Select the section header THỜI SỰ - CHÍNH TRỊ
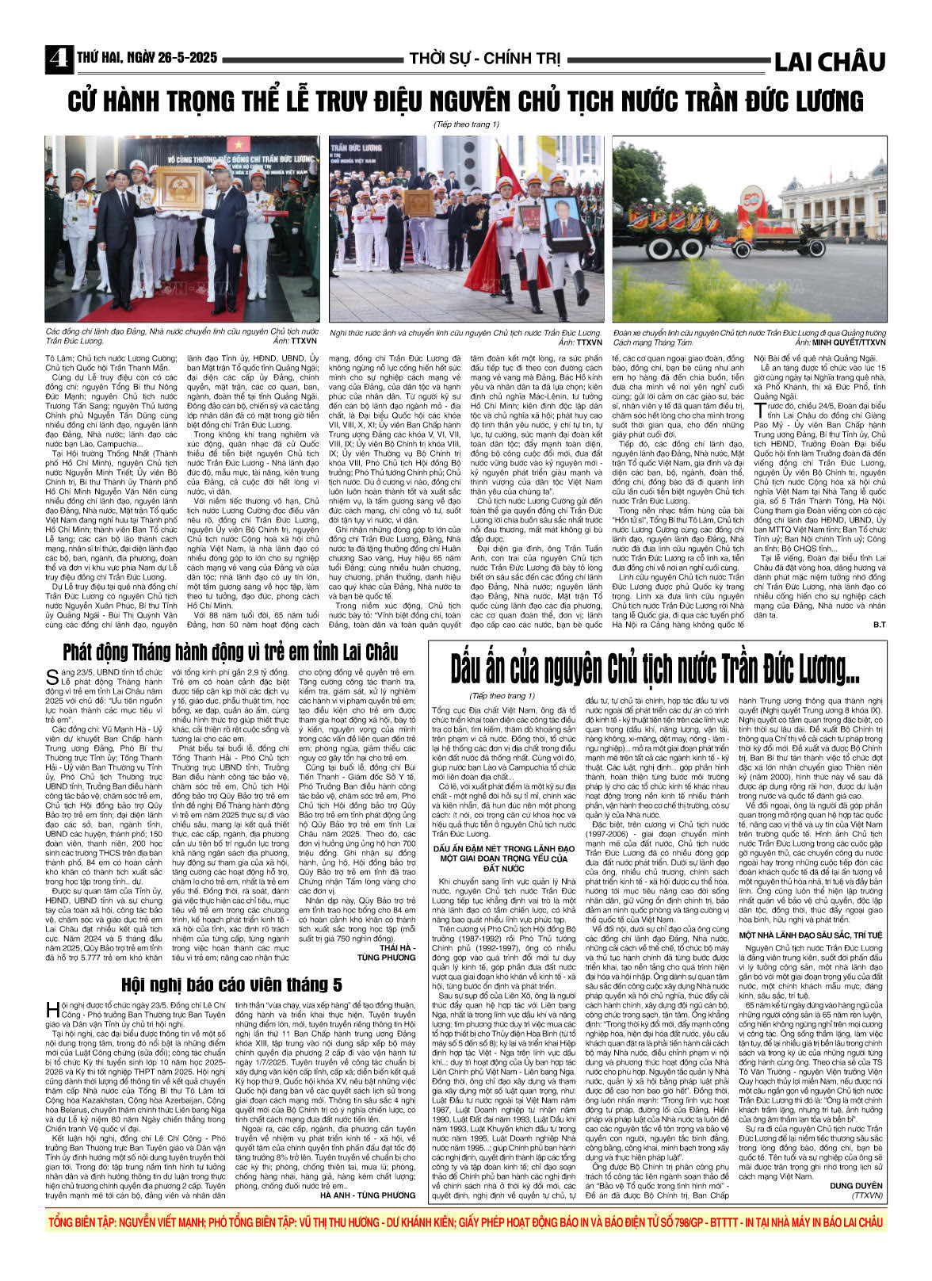tap(485, 59)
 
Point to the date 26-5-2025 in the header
tap(181, 59)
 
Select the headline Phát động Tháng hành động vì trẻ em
tap(230, 652)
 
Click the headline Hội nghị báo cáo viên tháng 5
tap(231, 985)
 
